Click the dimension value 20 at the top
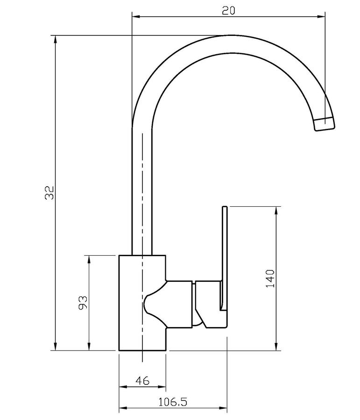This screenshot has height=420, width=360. tap(228, 10)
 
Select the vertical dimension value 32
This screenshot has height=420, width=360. tap(49, 193)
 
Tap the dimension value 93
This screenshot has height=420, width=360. tap(83, 302)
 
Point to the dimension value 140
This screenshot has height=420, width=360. tap(270, 279)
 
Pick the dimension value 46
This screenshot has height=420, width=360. tap(142, 380)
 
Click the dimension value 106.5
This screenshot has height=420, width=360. tap(172, 402)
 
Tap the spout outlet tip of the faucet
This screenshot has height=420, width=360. tap(325, 124)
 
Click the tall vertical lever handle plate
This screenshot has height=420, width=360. tap(225, 259)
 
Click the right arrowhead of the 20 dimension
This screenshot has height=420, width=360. tap(321, 17)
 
